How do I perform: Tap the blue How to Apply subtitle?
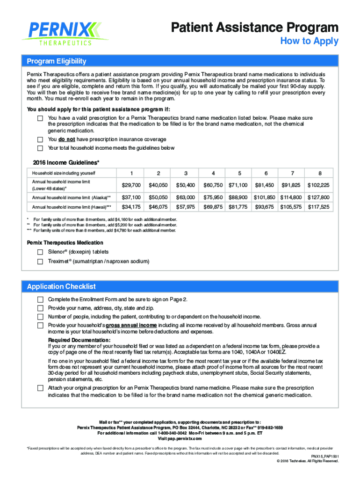click(309, 41)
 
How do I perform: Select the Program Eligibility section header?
click(57, 61)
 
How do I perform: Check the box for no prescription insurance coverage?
click(40, 140)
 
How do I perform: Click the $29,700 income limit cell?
click(131, 185)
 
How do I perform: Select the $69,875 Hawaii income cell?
click(213, 207)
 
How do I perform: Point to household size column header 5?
click(239, 172)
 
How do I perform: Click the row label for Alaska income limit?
click(71, 197)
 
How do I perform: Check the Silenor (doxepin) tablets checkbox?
click(40, 252)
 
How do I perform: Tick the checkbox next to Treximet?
click(40, 261)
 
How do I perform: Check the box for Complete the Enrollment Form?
click(40, 299)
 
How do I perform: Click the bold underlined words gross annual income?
click(131, 325)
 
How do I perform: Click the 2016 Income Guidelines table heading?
click(66, 162)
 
